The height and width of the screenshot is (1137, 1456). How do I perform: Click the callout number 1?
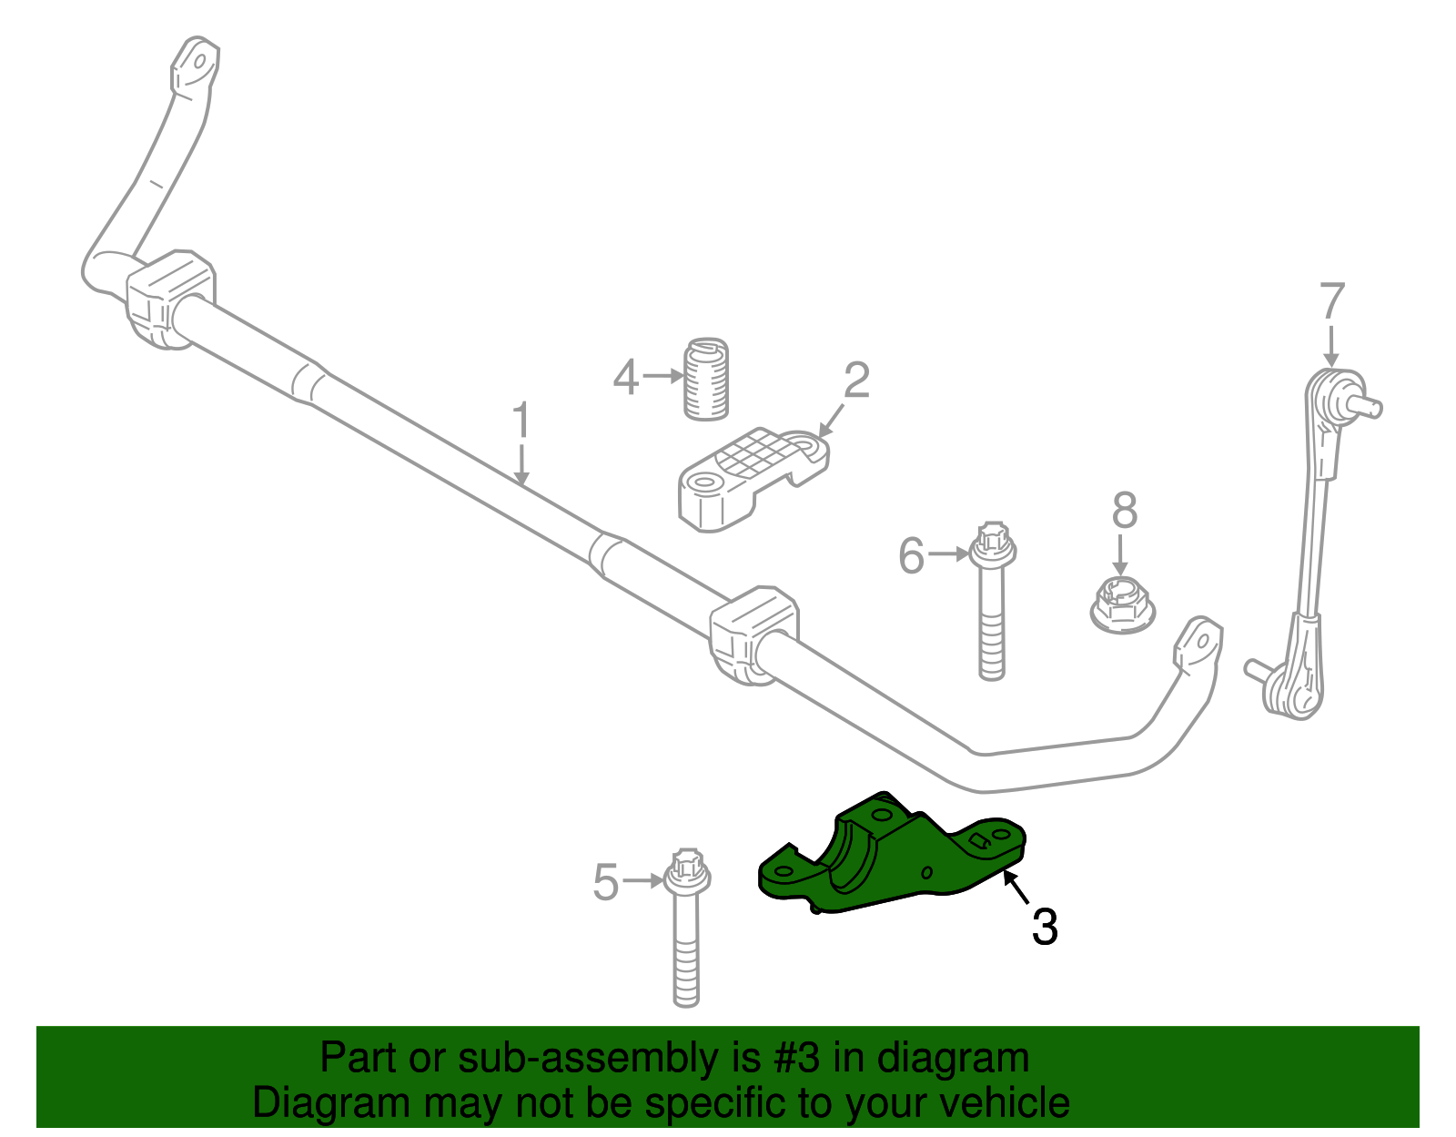coord(521,421)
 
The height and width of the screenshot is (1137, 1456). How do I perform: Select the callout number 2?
coord(855,381)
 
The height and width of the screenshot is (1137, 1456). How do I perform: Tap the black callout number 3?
coord(1044,927)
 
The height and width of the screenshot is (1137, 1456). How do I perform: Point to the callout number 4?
coord(625,377)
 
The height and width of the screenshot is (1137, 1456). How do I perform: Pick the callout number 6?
coord(911,555)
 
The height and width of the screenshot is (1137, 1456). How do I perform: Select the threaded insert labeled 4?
coord(706,380)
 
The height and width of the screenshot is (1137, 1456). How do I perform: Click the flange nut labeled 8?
coord(1122,604)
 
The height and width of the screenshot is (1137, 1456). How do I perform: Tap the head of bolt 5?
coord(687,872)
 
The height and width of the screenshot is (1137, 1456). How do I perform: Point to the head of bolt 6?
coord(993,543)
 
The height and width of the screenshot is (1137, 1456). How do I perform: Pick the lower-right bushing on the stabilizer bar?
coord(753,634)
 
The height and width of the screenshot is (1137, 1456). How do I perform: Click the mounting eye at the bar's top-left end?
coord(194,64)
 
